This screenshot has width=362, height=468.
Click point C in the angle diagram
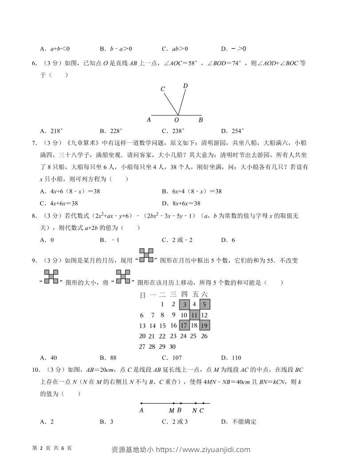163,89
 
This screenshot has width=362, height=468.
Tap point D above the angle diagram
185,86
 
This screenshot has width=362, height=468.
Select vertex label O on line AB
176,120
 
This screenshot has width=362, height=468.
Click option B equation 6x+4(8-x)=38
192,191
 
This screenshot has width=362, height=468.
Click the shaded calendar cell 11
194,315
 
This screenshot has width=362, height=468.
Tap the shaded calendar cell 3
184,304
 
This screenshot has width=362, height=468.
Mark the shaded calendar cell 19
205,325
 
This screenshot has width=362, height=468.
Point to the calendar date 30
172,347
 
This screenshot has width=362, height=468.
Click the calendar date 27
142,347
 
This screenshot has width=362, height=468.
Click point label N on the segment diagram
194,410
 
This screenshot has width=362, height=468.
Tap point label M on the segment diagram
171,410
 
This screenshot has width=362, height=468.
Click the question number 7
34,143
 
